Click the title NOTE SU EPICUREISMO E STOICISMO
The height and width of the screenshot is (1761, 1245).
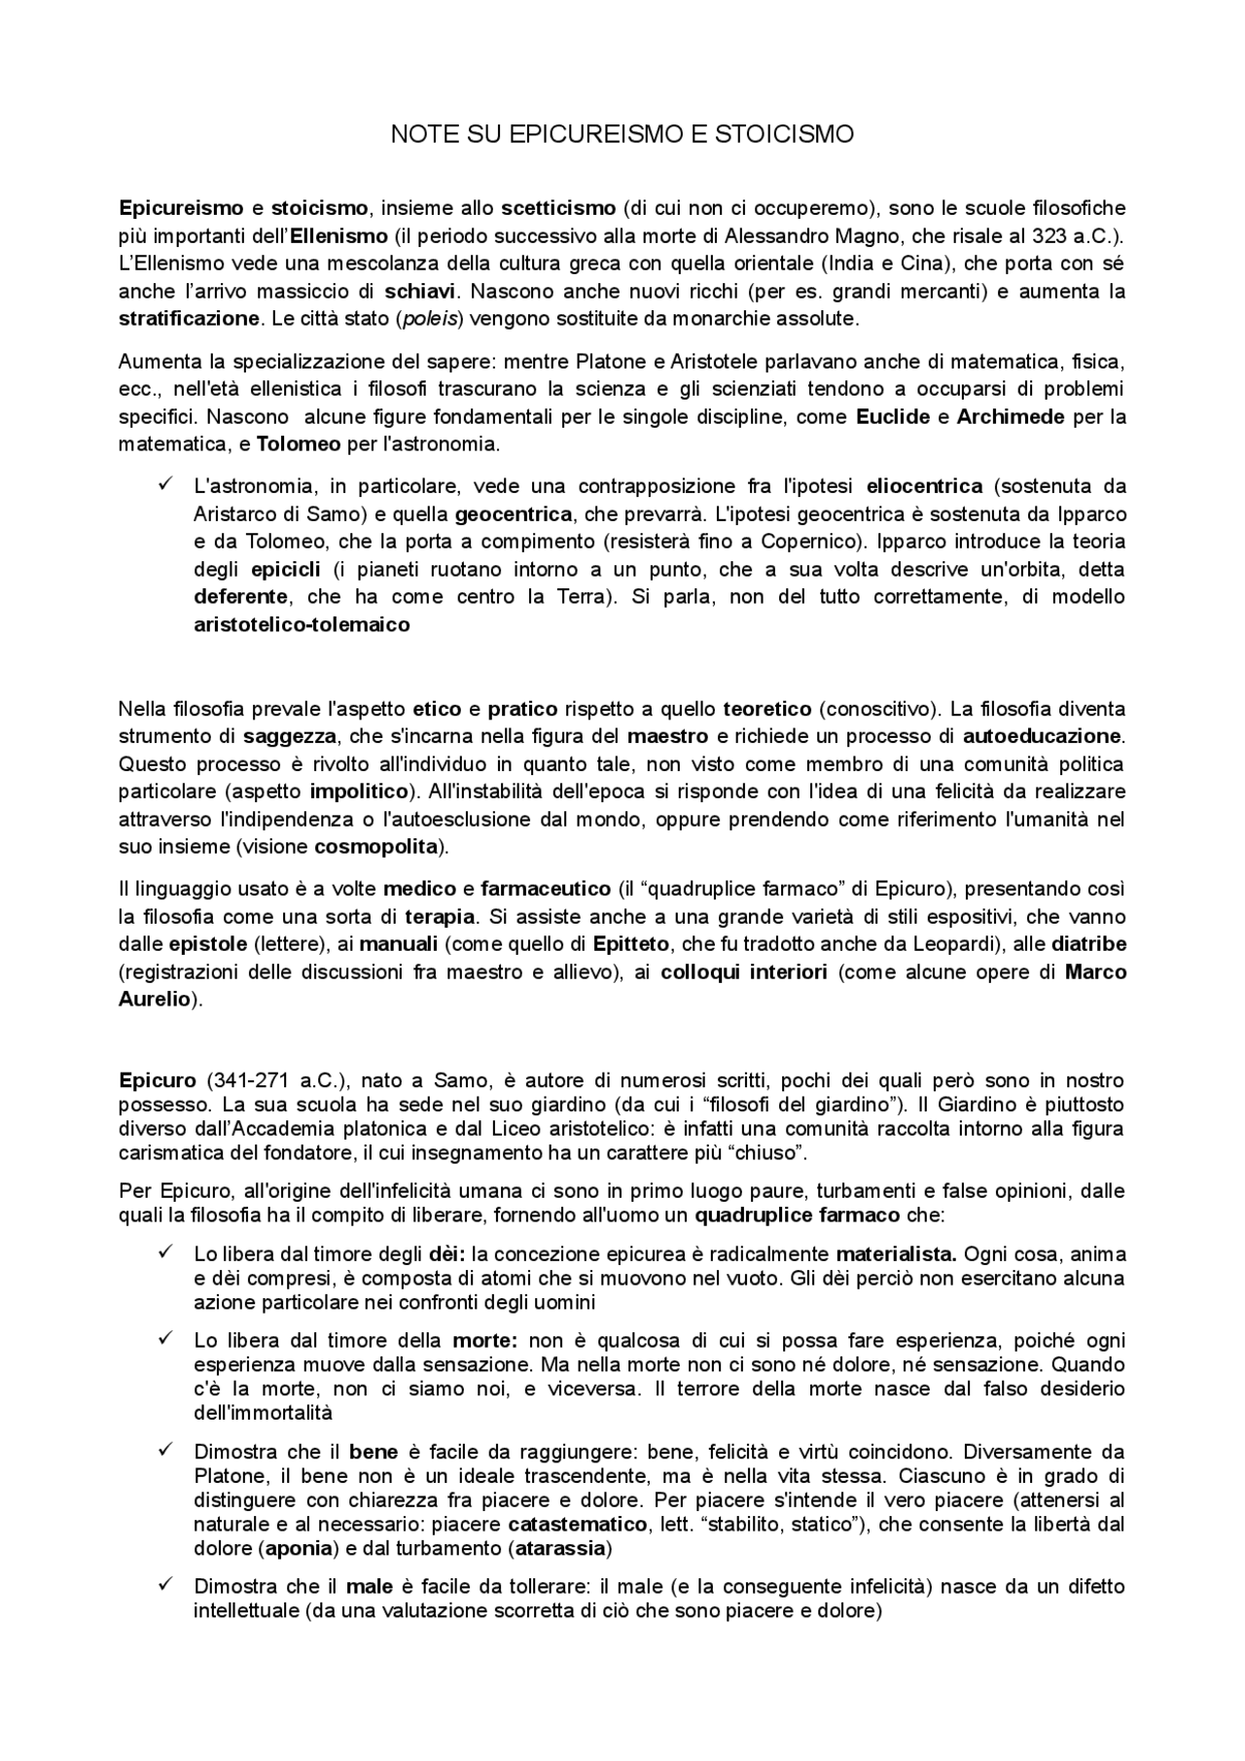[x=622, y=134]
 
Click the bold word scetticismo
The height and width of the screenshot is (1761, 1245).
[x=557, y=207]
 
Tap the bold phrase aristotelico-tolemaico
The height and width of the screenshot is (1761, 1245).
[x=302, y=625]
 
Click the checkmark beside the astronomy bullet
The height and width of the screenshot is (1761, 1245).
[x=164, y=484]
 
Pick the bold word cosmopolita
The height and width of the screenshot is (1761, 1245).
[x=375, y=846]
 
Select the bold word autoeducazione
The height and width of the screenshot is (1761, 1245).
[x=1041, y=736]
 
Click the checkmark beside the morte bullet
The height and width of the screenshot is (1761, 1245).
[x=164, y=1339]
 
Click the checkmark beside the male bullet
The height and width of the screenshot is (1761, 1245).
[x=164, y=1584]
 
